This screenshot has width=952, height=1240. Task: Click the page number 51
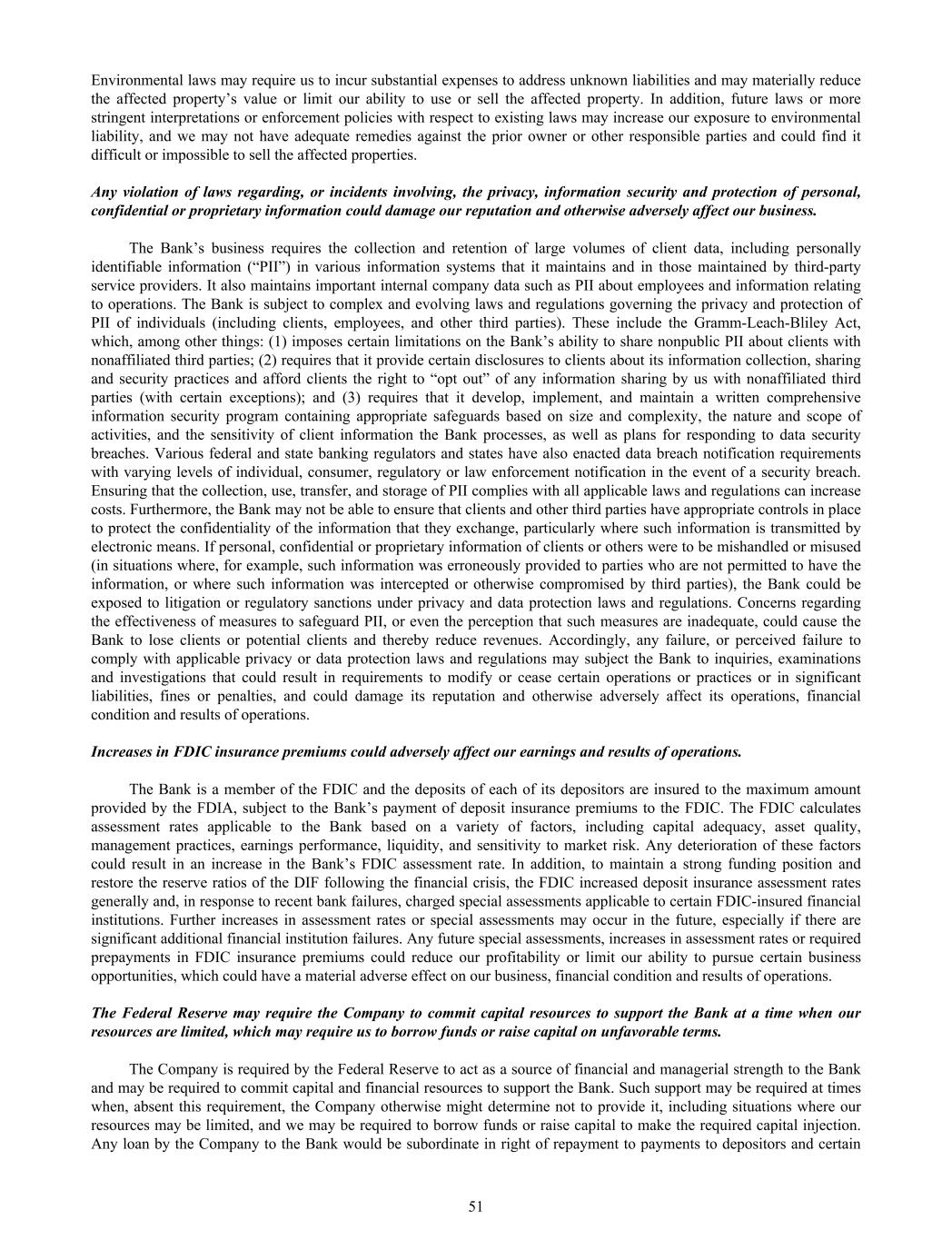pyautogui.click(x=475, y=1206)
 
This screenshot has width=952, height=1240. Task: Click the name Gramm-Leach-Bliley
pyautogui.click(x=757, y=322)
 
